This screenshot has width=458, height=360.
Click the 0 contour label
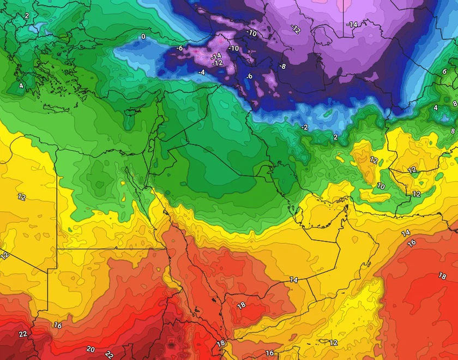(x=143, y=37)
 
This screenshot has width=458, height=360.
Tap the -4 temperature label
(x=201, y=73)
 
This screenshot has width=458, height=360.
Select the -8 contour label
(x=282, y=67)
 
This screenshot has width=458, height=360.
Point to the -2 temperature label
(x=305, y=127)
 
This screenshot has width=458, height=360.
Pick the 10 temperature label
(x=381, y=187)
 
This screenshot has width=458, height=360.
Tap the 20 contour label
(x=91, y=349)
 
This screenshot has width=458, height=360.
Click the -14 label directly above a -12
(x=216, y=56)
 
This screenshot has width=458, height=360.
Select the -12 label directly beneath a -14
(x=218, y=63)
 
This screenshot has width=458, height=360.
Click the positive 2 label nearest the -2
(x=335, y=137)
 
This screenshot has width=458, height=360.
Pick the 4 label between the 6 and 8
(x=436, y=108)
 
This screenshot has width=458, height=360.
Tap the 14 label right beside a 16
(x=406, y=233)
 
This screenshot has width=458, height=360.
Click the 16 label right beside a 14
(x=412, y=243)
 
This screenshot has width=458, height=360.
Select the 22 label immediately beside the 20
(x=109, y=354)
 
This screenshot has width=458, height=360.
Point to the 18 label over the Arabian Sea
(x=442, y=277)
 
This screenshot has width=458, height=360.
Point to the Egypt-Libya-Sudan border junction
(x=57, y=249)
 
